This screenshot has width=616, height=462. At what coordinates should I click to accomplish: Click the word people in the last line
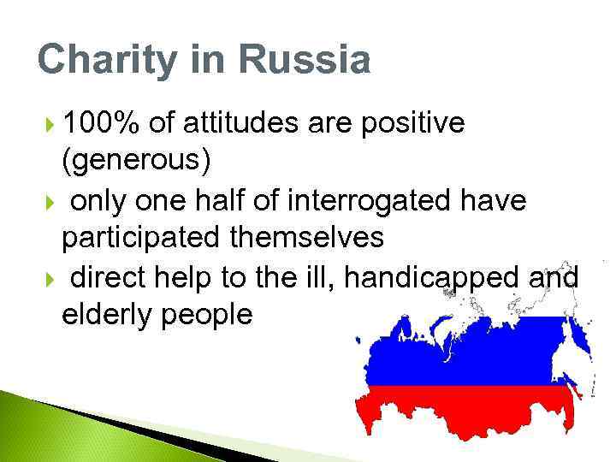click(x=210, y=315)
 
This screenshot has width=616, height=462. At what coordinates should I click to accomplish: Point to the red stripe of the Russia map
click(x=462, y=415)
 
